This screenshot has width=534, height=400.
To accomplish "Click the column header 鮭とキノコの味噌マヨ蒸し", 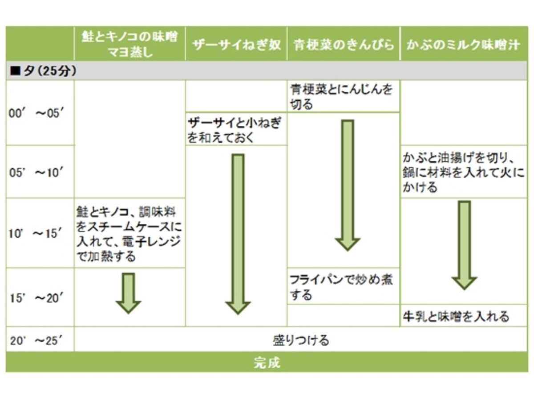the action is point(129,44).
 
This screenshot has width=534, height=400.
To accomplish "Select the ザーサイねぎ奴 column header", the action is point(236,45).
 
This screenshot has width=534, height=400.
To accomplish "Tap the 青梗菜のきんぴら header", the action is point(343,45).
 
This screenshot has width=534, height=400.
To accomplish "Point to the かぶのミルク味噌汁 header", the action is point(463,45).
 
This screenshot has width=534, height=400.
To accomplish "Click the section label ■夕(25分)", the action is point(43,71).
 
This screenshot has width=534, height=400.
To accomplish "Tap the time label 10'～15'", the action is point(36,234).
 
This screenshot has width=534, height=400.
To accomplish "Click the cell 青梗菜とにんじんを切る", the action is point(341,96).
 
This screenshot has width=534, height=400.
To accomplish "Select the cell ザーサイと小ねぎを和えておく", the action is point(234,130).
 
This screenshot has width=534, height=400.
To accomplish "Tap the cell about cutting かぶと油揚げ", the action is point(463,173).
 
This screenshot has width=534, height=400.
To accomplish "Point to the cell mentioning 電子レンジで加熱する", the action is point(129,234).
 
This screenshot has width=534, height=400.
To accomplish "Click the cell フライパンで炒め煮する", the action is point(341,287).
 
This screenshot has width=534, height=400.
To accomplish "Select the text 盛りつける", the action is point(301,340).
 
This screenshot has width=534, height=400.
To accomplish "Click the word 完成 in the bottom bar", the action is point(267,363).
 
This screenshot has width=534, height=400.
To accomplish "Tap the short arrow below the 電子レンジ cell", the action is point(129,293).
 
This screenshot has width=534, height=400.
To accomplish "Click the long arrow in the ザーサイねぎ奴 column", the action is point(238,234).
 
